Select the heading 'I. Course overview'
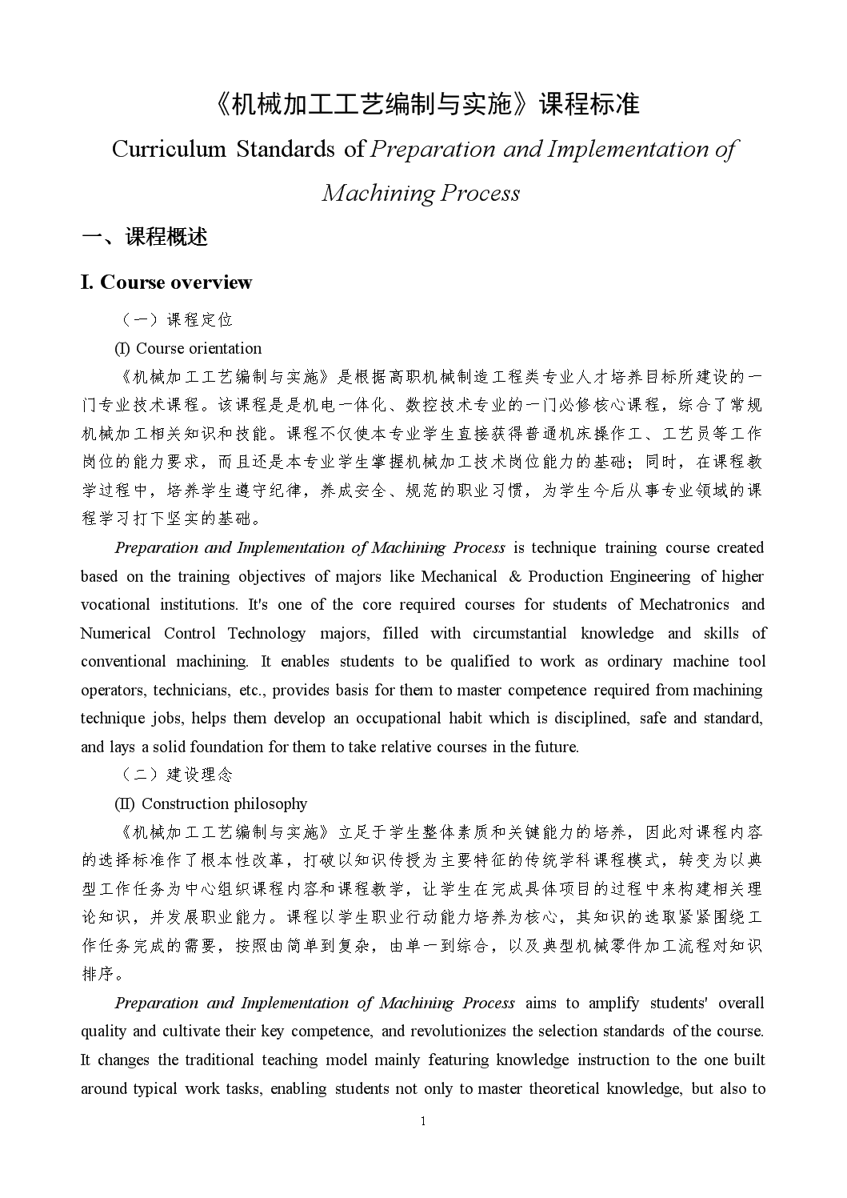point(166,282)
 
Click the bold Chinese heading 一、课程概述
point(145,237)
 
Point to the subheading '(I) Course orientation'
point(189,348)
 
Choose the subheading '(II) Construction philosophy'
point(211,803)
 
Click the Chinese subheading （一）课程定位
point(176,320)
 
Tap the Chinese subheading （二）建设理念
point(176,775)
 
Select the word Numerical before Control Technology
point(115,633)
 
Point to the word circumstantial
point(519,633)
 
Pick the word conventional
point(124,662)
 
